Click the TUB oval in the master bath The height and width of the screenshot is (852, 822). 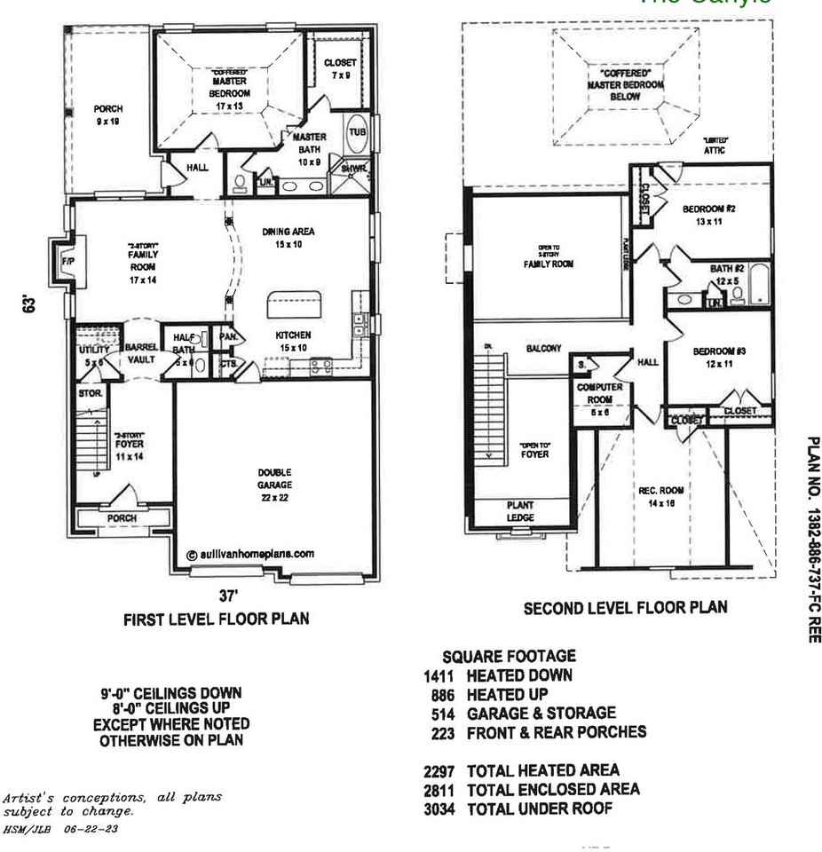(357, 133)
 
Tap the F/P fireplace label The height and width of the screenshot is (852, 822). (67, 263)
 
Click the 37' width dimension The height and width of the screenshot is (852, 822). (227, 599)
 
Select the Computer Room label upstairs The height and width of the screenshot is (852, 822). (600, 393)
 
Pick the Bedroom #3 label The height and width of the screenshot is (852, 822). (719, 357)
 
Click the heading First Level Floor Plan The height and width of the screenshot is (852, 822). (216, 619)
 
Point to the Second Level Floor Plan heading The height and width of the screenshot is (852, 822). (625, 608)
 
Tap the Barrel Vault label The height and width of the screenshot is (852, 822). (140, 353)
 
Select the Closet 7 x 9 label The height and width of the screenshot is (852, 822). (340, 69)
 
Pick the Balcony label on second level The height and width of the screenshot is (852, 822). (543, 349)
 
